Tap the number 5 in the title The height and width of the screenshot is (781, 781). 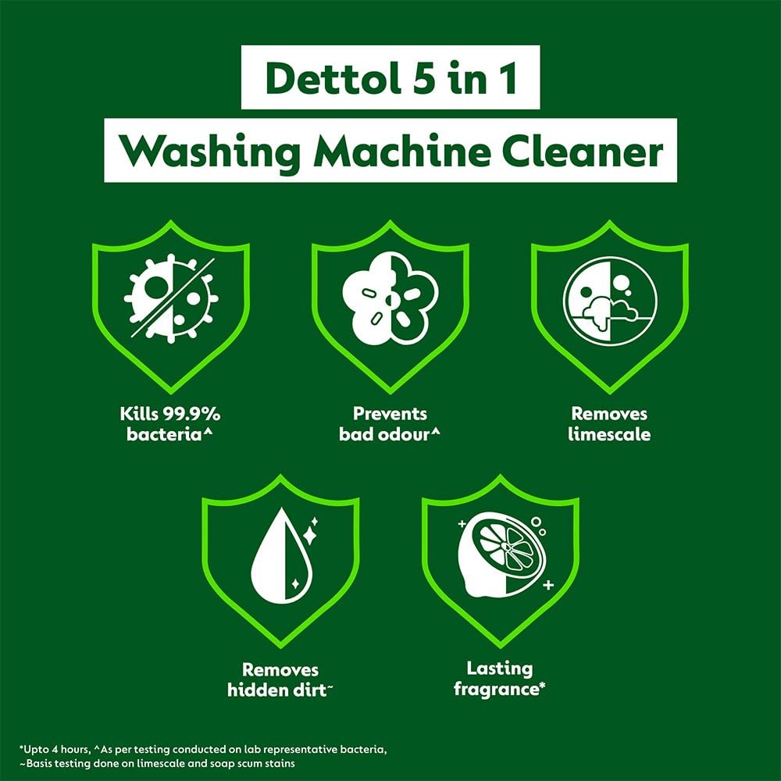pyautogui.click(x=423, y=79)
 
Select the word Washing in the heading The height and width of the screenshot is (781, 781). pyautogui.click(x=210, y=152)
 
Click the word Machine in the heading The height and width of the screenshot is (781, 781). pyautogui.click(x=403, y=151)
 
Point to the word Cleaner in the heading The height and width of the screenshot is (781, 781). pyautogui.click(x=583, y=151)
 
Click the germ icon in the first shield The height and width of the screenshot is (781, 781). pyautogui.click(x=171, y=299)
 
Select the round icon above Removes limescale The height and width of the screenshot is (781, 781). pyautogui.click(x=610, y=301)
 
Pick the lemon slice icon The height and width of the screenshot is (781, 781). pyautogui.click(x=502, y=555)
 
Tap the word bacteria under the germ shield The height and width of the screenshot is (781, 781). pyautogui.click(x=164, y=433)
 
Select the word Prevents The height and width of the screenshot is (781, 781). pyautogui.click(x=390, y=413)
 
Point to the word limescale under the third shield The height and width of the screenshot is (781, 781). pyautogui.click(x=610, y=433)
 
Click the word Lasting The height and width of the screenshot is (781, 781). pyautogui.click(x=500, y=669)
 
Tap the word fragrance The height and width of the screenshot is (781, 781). pyautogui.click(x=496, y=690)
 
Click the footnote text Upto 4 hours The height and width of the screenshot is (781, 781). pyautogui.click(x=55, y=749)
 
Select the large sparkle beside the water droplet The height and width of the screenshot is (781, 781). pyautogui.click(x=310, y=537)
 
